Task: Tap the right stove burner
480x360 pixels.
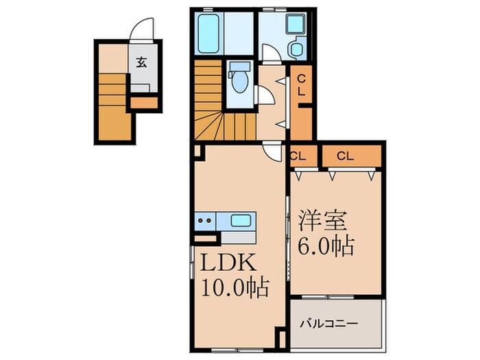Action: (208, 221)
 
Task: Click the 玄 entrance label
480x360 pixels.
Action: (141, 62)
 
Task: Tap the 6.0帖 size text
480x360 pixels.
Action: (326, 245)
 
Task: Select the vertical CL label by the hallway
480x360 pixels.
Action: (302, 86)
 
